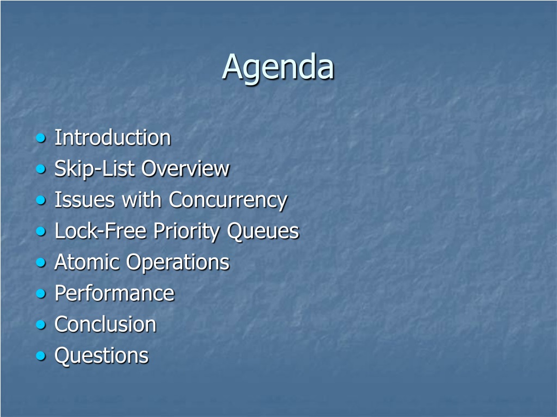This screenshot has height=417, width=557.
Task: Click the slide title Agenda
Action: (278, 68)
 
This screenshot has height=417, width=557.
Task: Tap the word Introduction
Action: (113, 137)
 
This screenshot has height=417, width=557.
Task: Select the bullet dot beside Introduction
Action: (41, 138)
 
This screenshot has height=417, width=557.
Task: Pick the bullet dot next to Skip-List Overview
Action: (41, 169)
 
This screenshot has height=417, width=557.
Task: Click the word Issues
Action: (85, 200)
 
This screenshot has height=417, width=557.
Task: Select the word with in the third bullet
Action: (142, 200)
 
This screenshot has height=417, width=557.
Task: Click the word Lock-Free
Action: (101, 231)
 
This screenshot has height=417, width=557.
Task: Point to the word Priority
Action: (187, 232)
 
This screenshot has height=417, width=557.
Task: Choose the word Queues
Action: (263, 231)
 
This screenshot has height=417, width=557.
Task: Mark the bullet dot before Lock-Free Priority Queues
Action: (41, 231)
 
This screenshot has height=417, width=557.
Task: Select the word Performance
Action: (114, 293)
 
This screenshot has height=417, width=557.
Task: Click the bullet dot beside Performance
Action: (41, 294)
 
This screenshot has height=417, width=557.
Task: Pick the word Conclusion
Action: (106, 325)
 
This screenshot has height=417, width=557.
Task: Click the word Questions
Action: (102, 356)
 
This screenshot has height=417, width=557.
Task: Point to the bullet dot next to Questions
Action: (41, 356)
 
